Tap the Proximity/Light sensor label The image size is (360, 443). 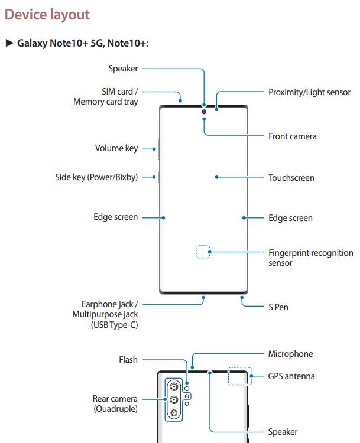pos(309,92)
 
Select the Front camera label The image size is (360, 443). pos(292,136)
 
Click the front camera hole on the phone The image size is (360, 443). pos(204,110)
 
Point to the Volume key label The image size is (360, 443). pos(116,148)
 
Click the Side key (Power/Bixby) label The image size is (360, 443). pos(96,177)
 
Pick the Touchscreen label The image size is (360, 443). pos(291,178)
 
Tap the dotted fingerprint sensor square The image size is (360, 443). pos(203,252)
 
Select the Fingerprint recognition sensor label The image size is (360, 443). pos(310,258)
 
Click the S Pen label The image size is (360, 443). pos(278,307)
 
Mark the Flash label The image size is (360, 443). pos(128,359)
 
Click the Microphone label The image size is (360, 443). pos(290,354)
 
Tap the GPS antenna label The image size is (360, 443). pos(291,376)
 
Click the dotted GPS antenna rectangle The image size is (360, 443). pos(239,376)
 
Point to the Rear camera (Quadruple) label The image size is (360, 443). pos(115,403)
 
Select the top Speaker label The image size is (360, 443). pos(123,69)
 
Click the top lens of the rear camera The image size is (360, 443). pos(174,387)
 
